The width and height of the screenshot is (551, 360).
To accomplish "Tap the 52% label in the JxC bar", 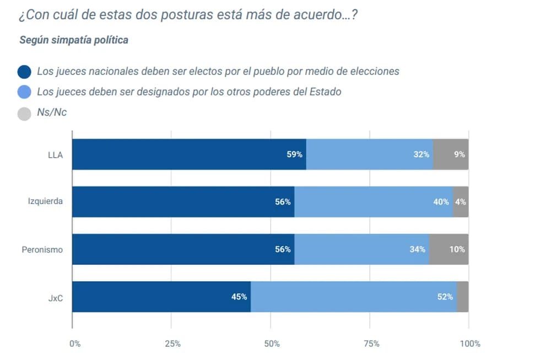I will click(x=445, y=297).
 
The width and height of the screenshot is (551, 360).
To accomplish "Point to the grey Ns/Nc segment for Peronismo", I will click(x=449, y=249).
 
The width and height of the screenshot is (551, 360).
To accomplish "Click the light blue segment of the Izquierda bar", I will click(x=374, y=202).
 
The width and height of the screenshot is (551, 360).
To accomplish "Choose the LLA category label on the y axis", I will click(x=55, y=154).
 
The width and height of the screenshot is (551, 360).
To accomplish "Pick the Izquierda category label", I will click(x=45, y=202).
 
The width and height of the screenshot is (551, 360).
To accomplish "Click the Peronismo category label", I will click(x=42, y=249).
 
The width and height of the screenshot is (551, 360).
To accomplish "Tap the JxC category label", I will click(x=55, y=297).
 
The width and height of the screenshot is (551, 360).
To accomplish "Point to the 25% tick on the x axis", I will click(x=172, y=344).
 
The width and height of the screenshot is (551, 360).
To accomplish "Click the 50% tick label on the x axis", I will click(x=272, y=344).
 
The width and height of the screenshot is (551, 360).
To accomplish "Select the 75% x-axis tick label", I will click(x=371, y=344).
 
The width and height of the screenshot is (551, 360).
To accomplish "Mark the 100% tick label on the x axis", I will click(x=470, y=344).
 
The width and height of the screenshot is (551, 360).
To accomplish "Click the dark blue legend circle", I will click(x=24, y=72).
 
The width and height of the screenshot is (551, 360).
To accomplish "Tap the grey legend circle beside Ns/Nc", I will click(x=24, y=113).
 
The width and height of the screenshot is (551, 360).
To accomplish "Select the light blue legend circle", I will click(x=24, y=92).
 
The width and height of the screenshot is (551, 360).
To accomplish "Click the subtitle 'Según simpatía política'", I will click(x=74, y=40).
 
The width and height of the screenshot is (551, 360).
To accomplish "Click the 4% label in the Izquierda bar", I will click(x=461, y=202).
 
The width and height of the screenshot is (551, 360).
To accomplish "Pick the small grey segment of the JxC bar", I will click(x=462, y=297).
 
